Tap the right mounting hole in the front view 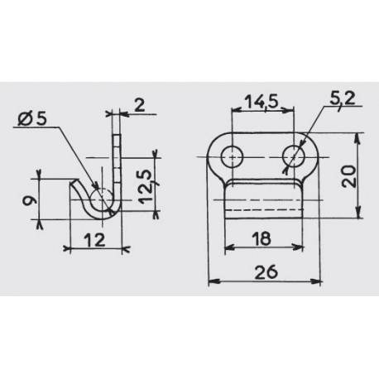coord(293,156)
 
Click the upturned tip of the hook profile coord(74,185)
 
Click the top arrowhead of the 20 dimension coord(357,136)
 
